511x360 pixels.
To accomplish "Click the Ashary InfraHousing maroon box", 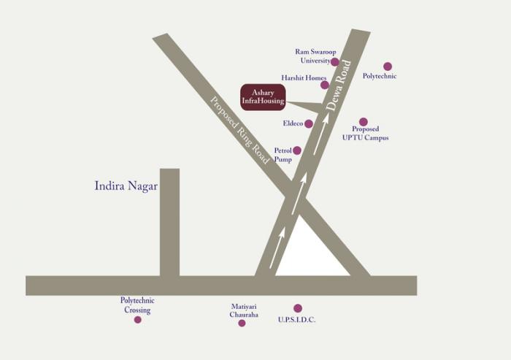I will click(x=263, y=97).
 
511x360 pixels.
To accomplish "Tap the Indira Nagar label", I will click(x=126, y=185).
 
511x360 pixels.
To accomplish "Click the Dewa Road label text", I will click(x=339, y=85).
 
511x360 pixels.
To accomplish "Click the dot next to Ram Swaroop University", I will click(x=334, y=62).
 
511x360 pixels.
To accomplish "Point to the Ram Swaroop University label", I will click(x=312, y=56).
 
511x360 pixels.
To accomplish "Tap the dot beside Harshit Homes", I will click(x=324, y=85).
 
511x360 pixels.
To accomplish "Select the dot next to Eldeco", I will click(x=309, y=123).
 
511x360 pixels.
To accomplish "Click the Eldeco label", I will click(x=293, y=123).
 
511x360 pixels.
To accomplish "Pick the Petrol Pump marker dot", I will click(x=296, y=150).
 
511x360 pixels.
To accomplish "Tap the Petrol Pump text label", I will click(x=283, y=155).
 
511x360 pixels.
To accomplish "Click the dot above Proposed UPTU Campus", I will click(x=364, y=122).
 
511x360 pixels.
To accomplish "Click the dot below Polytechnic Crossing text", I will click(x=137, y=319).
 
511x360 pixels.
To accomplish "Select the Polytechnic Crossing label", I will click(x=137, y=305).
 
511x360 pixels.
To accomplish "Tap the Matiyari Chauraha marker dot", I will click(x=242, y=323).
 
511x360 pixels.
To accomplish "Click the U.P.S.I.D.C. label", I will click(x=298, y=320).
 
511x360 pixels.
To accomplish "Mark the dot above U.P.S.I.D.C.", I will click(x=297, y=308).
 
